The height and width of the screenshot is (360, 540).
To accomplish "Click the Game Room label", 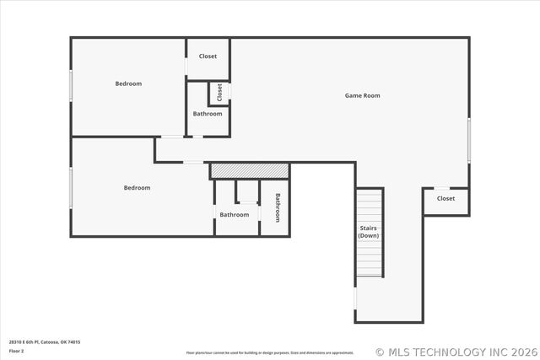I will pyautogui.click(x=362, y=95).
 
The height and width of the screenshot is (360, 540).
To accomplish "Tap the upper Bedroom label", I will pyautogui.click(x=128, y=83).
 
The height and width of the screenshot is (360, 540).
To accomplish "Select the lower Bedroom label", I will pyautogui.click(x=137, y=188).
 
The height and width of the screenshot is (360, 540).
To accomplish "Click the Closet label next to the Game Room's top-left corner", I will pyautogui.click(x=208, y=56).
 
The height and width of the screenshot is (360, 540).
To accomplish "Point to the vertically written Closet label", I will pyautogui.click(x=219, y=92).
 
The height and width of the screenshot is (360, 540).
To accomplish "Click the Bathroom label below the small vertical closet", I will pyautogui.click(x=208, y=114).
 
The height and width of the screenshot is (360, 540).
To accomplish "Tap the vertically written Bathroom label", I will pyautogui.click(x=277, y=207).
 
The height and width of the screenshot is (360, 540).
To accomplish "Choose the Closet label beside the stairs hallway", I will pyautogui.click(x=445, y=199).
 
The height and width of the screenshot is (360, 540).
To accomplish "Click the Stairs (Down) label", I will pyautogui.click(x=368, y=232).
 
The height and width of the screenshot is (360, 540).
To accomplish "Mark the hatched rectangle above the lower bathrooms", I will pyautogui.click(x=250, y=170).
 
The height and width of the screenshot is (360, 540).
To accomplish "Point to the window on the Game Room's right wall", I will pyautogui.click(x=468, y=139).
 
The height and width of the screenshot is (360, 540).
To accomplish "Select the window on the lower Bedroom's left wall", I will pyautogui.click(x=71, y=187).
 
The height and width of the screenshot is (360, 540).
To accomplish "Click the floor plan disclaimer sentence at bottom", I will pyautogui.click(x=269, y=352).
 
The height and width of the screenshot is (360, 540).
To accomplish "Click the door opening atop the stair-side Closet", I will pyautogui.click(x=442, y=188).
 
